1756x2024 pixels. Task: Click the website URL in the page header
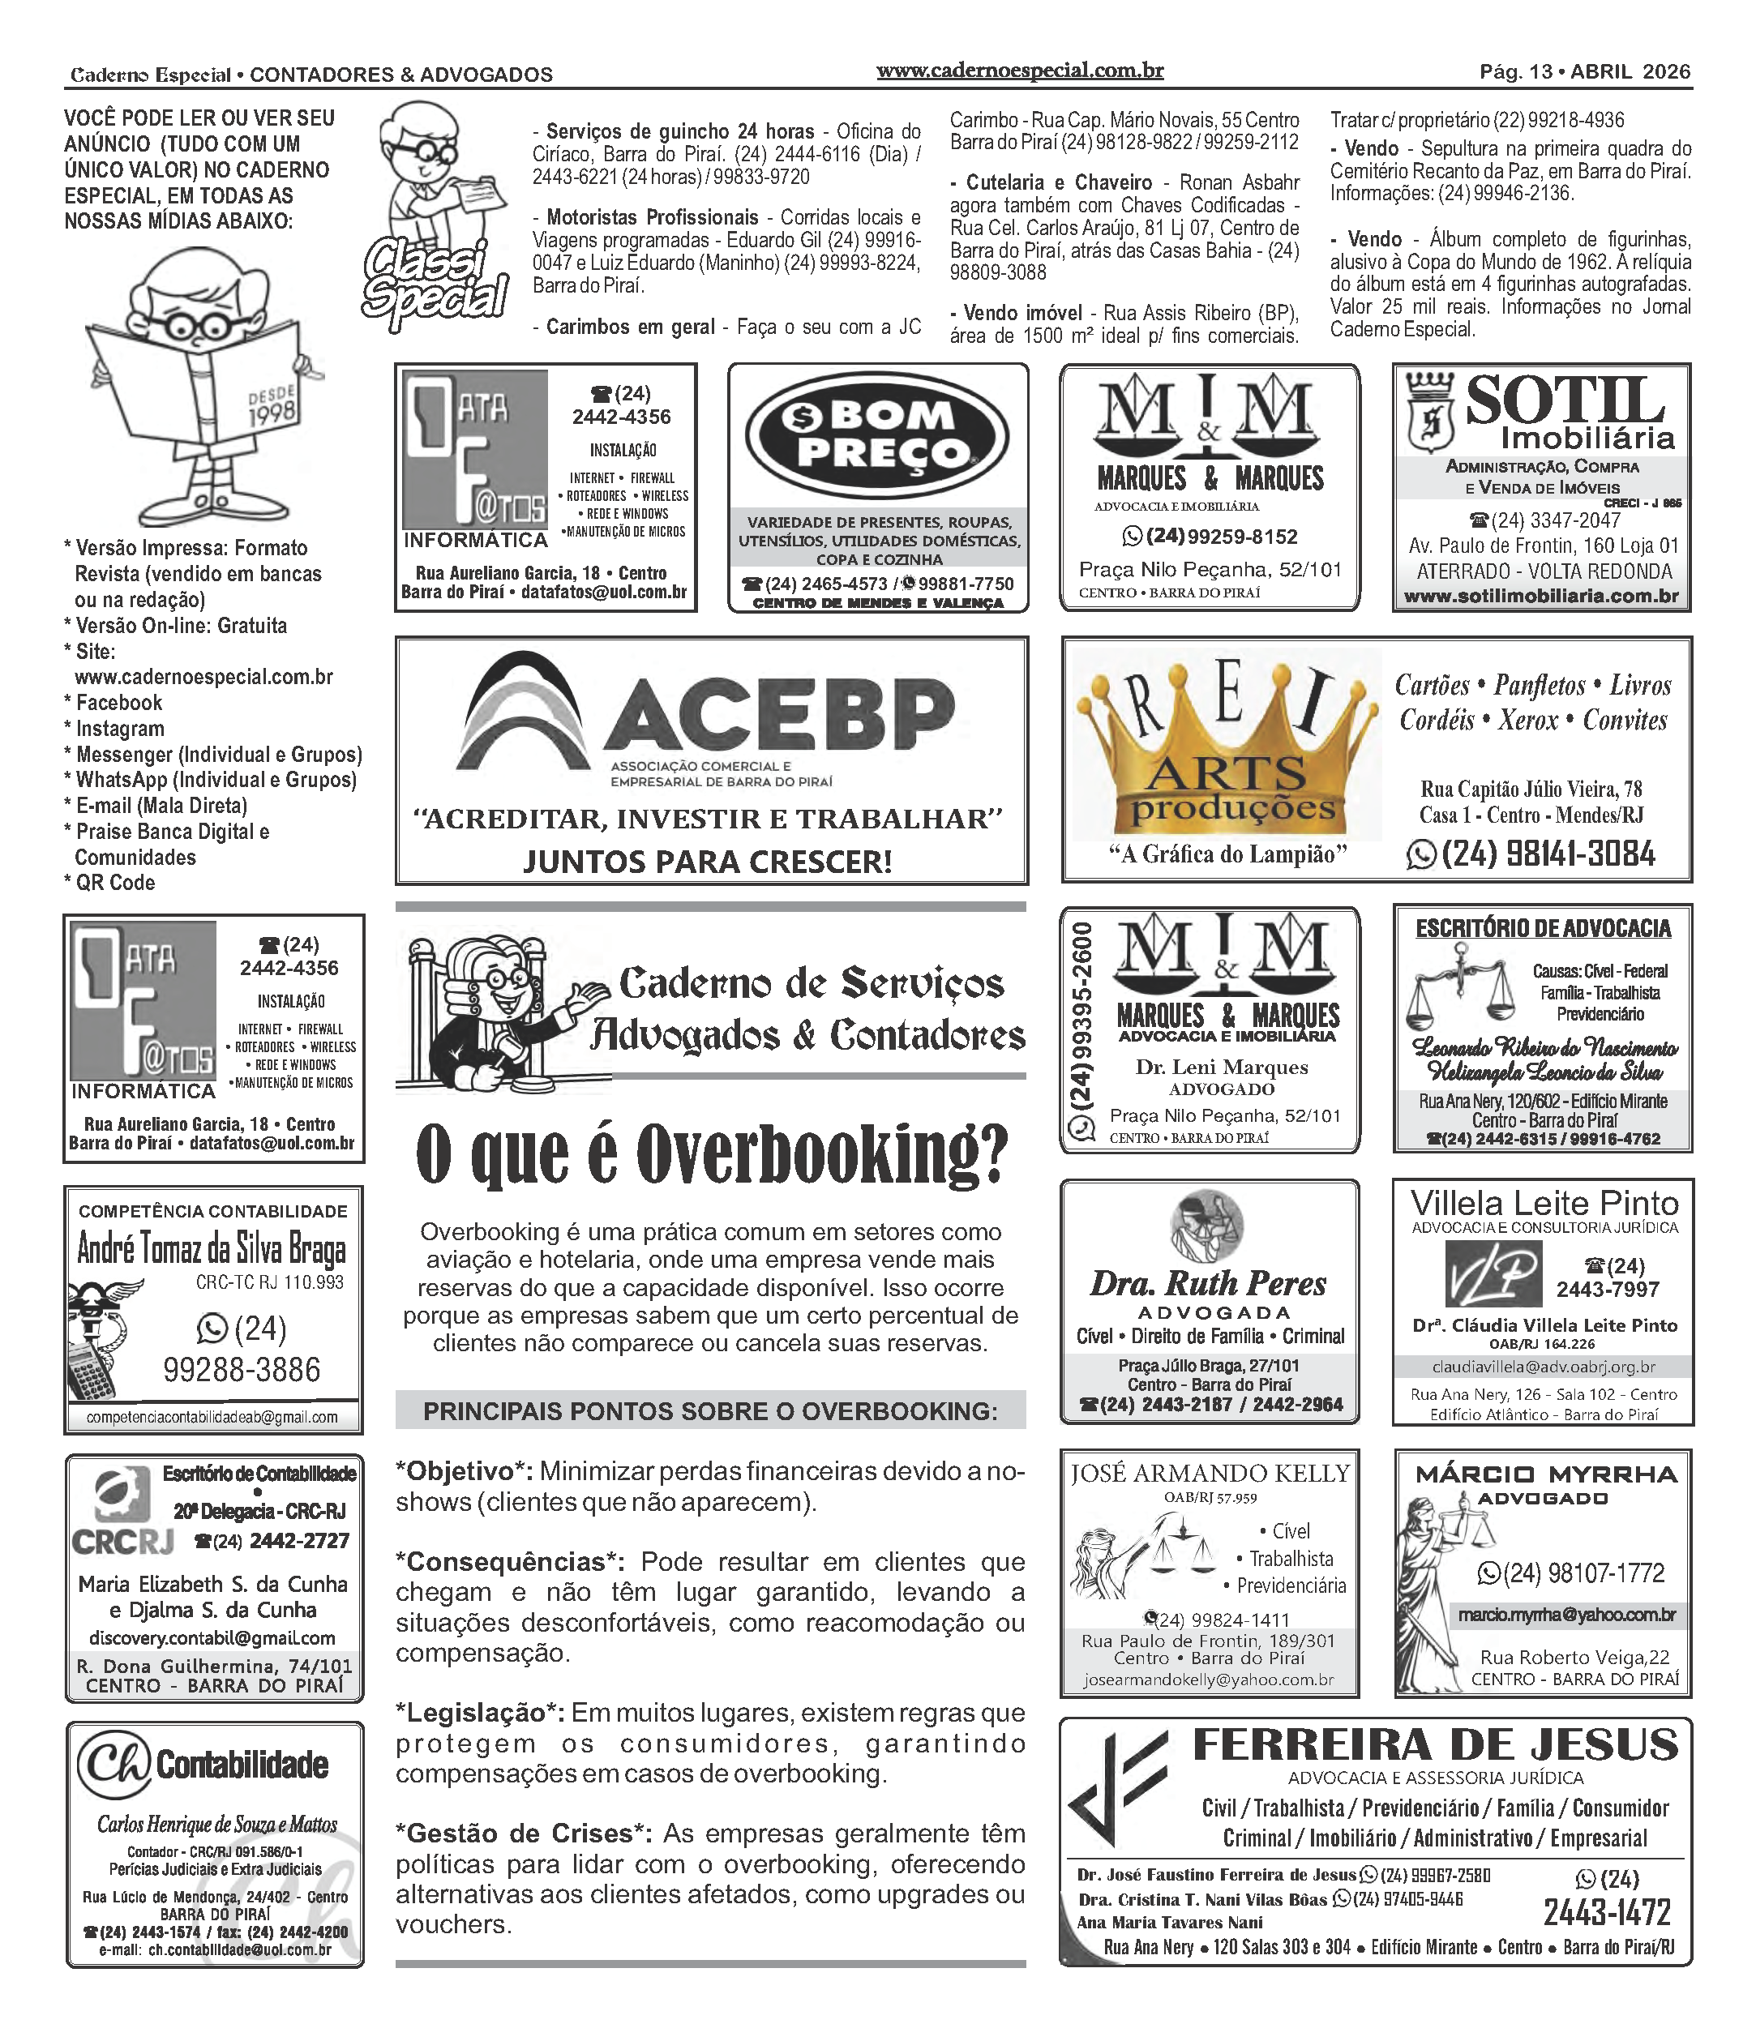(1019, 71)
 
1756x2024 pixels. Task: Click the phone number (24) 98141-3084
(1548, 854)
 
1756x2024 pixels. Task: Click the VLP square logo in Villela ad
(1493, 1274)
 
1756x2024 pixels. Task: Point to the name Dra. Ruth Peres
(1207, 1283)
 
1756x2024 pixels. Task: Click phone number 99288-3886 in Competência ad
(241, 1370)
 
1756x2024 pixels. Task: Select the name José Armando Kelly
(1210, 1474)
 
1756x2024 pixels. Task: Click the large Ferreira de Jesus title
(1436, 1746)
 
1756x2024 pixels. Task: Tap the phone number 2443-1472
(1607, 1912)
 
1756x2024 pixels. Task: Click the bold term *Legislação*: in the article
(479, 1713)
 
